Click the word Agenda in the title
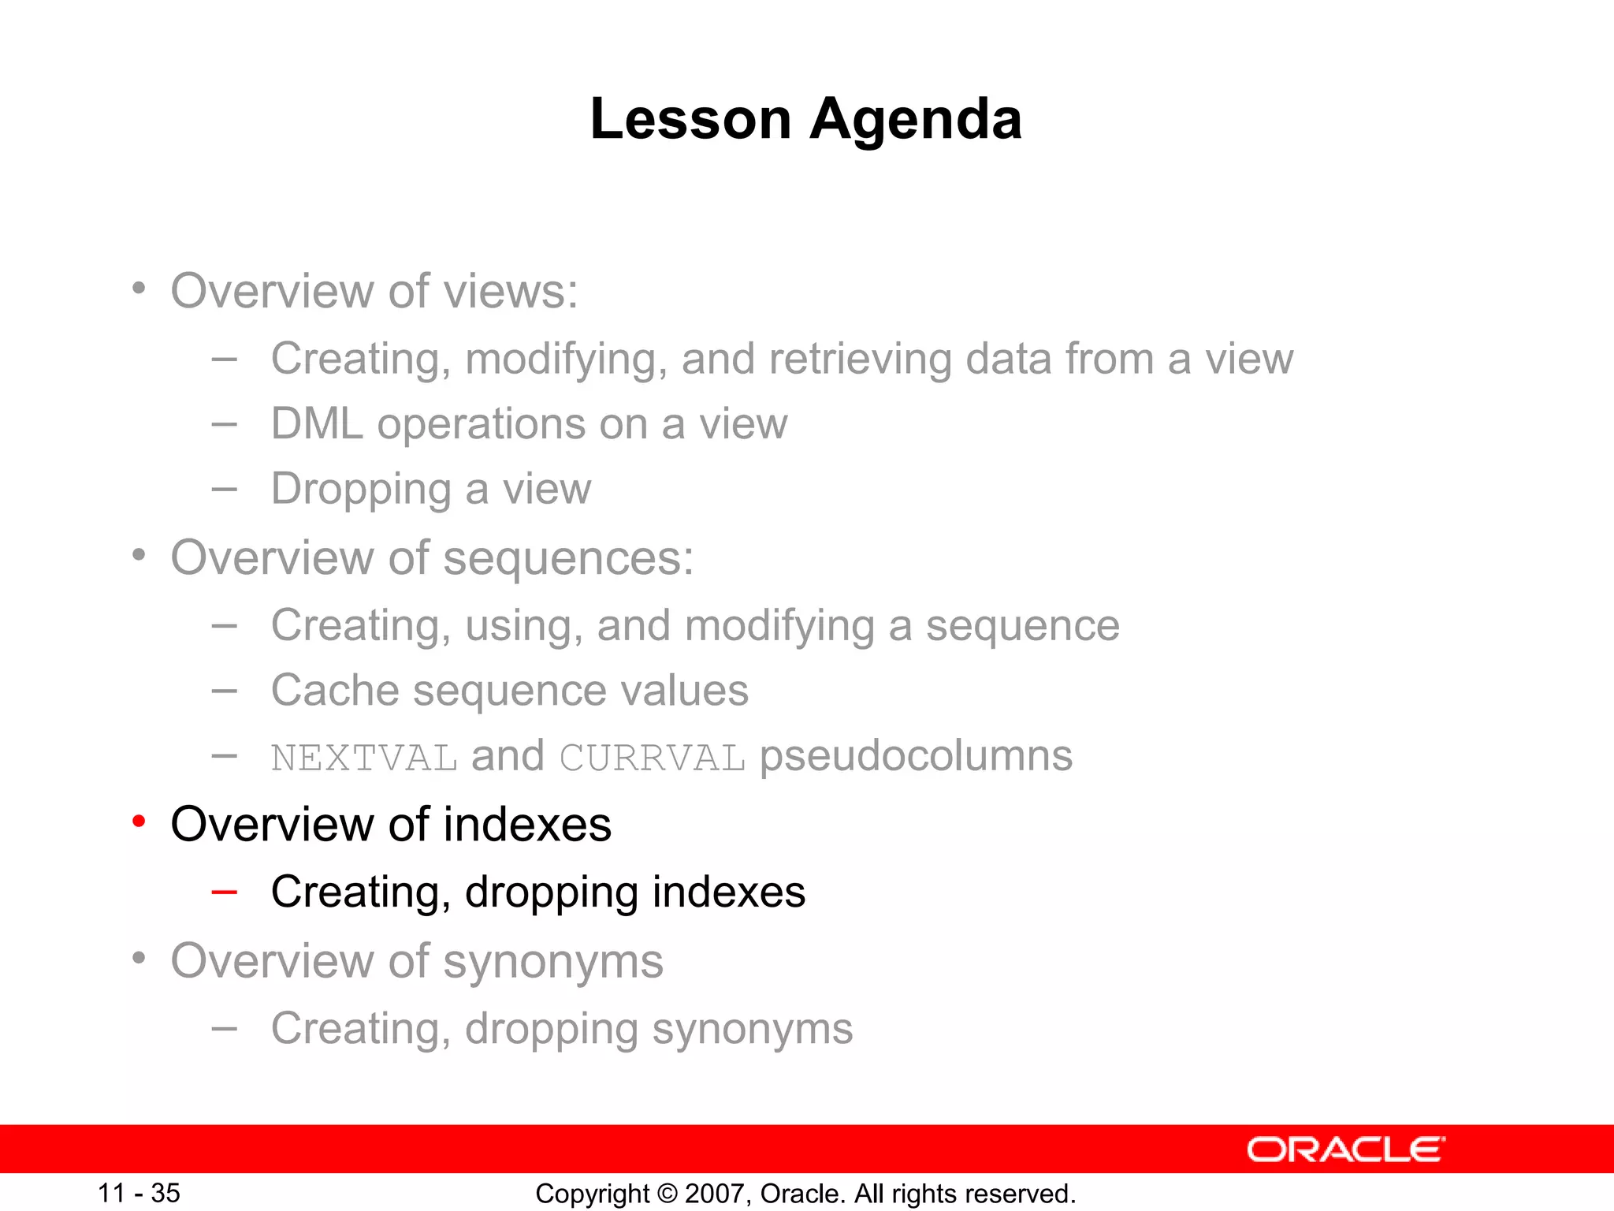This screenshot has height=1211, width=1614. [x=916, y=120]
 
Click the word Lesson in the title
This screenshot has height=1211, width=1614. [x=690, y=120]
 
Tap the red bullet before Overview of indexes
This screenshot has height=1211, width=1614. [x=139, y=822]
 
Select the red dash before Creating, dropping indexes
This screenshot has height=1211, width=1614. [x=225, y=892]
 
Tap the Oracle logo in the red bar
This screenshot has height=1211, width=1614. [x=1345, y=1150]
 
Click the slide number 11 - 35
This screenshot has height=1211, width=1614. [x=139, y=1193]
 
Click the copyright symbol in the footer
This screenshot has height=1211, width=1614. [x=668, y=1194]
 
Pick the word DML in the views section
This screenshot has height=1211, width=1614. [x=317, y=424]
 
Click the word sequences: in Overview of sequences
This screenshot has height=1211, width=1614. [x=568, y=559]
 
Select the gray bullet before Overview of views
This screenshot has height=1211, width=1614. [x=139, y=289]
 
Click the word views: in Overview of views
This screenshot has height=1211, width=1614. [x=511, y=292]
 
